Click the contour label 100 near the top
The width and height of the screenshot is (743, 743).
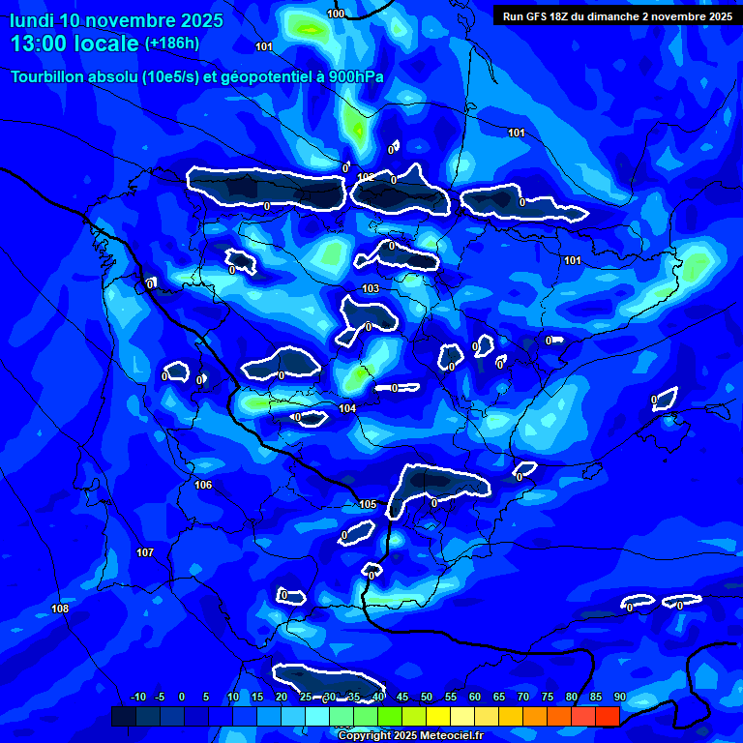(x=336, y=14)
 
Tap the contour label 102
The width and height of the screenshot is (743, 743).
(x=366, y=177)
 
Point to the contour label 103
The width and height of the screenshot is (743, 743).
(x=371, y=289)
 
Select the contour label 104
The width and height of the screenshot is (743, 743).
(x=347, y=408)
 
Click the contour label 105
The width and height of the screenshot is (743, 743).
(x=368, y=504)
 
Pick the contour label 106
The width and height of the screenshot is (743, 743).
(x=203, y=485)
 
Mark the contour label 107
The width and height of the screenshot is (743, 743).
(x=145, y=552)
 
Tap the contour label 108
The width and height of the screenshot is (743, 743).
(x=60, y=609)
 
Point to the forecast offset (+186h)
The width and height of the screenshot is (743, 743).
(x=171, y=44)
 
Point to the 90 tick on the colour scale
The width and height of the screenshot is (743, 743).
(x=619, y=697)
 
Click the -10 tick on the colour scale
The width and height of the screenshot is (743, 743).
(x=137, y=697)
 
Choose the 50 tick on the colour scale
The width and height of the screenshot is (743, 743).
(x=427, y=697)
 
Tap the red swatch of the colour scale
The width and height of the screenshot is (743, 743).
(x=607, y=716)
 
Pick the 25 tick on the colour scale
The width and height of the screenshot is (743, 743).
(x=306, y=697)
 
